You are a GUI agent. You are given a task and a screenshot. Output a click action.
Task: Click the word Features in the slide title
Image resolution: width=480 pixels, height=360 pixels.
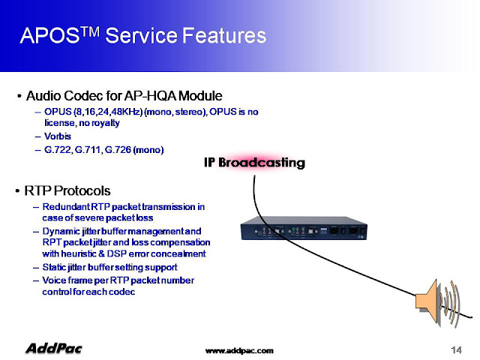click(224, 35)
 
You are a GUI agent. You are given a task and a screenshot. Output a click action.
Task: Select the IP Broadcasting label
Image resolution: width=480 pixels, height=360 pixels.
click(254, 162)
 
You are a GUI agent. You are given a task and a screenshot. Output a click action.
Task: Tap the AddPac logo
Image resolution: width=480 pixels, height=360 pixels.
click(54, 348)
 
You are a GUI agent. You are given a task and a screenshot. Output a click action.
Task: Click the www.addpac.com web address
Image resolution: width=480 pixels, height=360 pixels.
click(239, 350)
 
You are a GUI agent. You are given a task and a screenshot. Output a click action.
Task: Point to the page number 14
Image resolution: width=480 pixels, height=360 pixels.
click(456, 349)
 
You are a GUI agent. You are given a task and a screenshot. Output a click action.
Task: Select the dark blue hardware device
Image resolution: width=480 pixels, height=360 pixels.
click(304, 228)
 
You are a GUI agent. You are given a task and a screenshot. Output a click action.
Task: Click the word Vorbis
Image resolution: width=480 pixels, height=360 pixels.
click(58, 136)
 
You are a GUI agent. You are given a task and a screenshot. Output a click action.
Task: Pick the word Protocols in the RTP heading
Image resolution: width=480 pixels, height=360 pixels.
click(82, 190)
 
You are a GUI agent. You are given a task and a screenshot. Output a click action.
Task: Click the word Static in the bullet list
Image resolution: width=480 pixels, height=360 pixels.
click(52, 267)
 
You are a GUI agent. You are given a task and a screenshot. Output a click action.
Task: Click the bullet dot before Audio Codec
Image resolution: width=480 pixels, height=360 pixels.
click(19, 97)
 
